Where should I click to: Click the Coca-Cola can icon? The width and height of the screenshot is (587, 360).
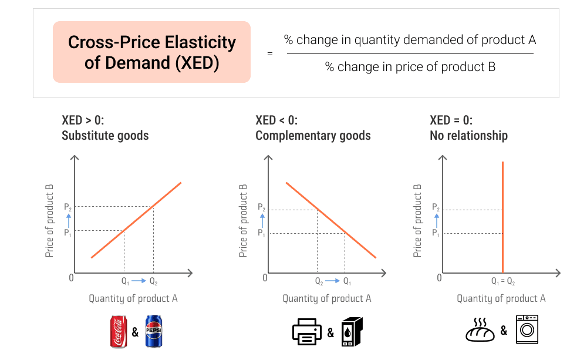click(x=119, y=331)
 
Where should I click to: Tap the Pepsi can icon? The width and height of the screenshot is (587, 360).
click(x=153, y=331)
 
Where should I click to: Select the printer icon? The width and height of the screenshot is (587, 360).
click(x=306, y=332)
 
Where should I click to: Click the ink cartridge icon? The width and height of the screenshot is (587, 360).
click(x=352, y=332)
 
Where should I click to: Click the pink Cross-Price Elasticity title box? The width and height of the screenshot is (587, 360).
click(x=151, y=52)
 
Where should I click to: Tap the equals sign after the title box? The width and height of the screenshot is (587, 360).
click(x=270, y=53)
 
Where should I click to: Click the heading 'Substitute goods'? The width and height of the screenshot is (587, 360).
click(x=105, y=136)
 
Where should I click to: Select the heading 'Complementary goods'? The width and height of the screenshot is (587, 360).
click(x=313, y=136)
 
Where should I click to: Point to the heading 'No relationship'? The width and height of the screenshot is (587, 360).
click(x=468, y=136)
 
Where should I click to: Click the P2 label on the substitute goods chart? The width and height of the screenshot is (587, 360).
click(x=68, y=207)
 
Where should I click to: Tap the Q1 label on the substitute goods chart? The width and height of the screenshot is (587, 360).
click(x=125, y=281)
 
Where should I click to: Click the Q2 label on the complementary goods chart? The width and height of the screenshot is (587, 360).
click(x=319, y=281)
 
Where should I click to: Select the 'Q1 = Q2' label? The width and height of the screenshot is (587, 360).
click(x=503, y=282)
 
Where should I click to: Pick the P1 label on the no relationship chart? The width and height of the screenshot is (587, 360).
click(x=436, y=233)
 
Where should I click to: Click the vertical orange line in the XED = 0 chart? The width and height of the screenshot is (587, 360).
click(x=502, y=217)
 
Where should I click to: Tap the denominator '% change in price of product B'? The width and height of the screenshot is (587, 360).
click(x=410, y=67)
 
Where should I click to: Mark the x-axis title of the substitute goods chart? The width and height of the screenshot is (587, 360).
click(x=133, y=298)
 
